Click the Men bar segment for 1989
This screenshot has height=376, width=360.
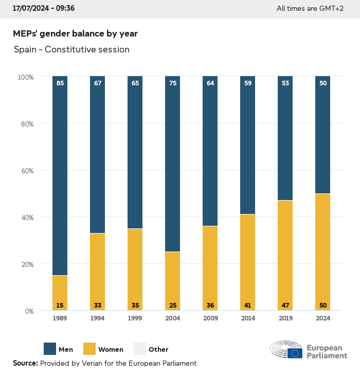pos(60,175)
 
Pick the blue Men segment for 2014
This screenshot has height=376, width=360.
pos(247,144)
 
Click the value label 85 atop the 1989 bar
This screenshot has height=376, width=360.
pos(60,83)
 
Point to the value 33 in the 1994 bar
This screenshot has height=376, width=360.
pos(98,306)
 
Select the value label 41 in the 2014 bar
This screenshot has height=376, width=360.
pos(247,306)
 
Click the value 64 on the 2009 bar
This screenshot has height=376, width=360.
pos(210,83)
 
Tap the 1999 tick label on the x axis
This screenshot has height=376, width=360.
pos(135,318)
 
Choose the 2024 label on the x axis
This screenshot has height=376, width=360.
pos(322,318)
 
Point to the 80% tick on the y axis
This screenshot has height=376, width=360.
pos(26,123)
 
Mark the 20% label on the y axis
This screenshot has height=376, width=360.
pos(26,264)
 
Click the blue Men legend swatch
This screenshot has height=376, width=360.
pos(50,349)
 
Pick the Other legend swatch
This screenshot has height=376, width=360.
pos(140,349)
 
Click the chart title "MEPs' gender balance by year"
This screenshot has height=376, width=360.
pos(75,33)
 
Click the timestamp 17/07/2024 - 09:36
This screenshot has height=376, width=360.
pos(44,8)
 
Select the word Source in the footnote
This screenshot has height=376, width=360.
pos(25,363)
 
